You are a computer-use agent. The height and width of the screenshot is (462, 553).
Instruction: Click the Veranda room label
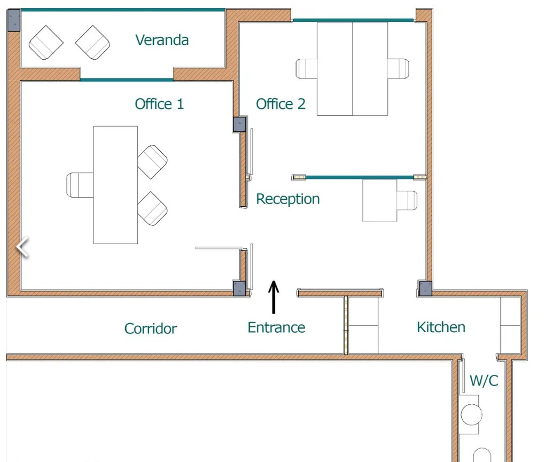point(161,40)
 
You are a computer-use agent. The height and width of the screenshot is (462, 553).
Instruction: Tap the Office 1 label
point(159,104)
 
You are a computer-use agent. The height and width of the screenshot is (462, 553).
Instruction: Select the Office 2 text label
point(281,104)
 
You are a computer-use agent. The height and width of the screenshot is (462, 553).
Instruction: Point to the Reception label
point(287,199)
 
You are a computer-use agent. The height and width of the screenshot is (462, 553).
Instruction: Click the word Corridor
point(150,328)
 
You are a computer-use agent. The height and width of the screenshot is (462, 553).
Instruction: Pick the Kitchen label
point(441,327)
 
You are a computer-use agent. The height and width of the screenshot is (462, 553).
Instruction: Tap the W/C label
point(484,380)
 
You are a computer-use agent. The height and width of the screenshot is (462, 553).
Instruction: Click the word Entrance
point(276,327)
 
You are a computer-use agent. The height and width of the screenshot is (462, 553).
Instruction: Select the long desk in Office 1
point(115,185)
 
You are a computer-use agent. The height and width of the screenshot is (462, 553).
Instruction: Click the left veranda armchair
point(46,43)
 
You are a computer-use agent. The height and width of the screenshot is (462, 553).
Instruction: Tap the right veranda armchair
point(92,43)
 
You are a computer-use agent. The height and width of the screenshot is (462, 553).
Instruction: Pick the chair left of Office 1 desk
point(79,185)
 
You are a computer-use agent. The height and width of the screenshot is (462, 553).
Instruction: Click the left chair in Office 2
point(306,69)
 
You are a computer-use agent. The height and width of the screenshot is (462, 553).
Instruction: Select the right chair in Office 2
point(399,69)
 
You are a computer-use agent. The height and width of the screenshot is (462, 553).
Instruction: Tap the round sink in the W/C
point(471,414)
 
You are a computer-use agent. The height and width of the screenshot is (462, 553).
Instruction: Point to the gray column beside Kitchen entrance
point(424,288)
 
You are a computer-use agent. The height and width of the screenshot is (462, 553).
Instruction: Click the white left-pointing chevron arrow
point(22,248)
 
